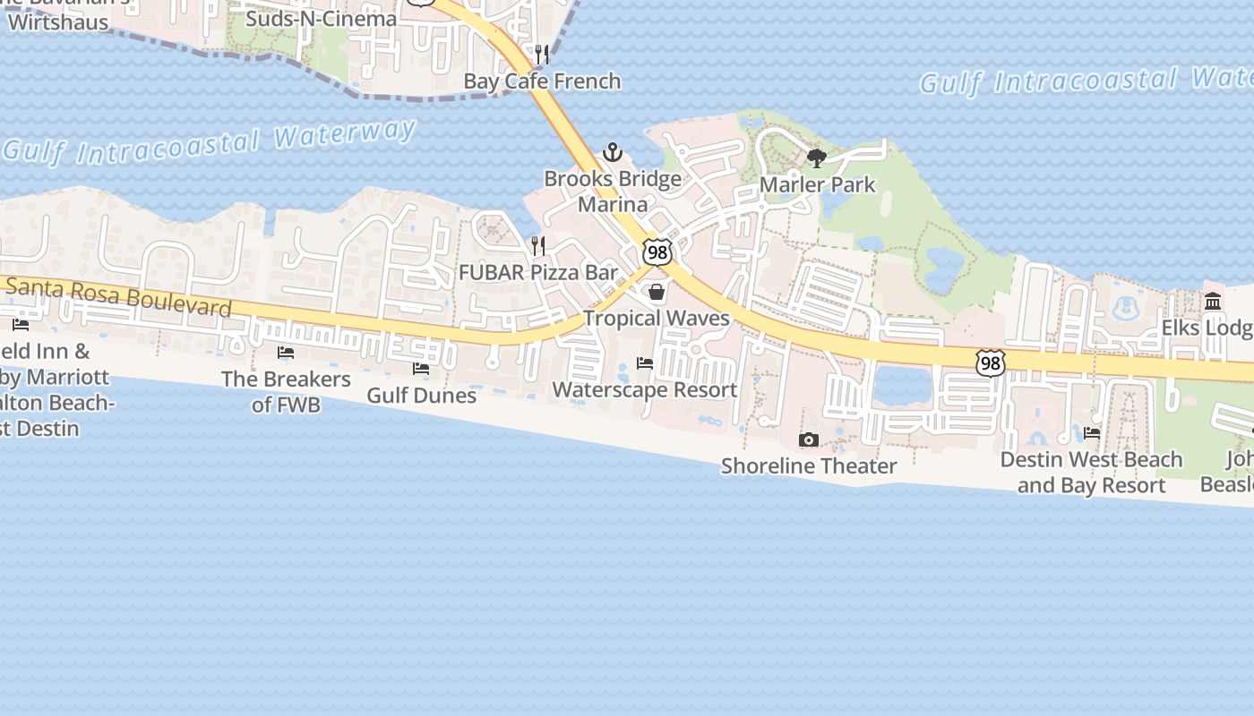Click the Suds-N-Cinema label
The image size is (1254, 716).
[x=321, y=19]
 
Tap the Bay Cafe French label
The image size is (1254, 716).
[x=542, y=81]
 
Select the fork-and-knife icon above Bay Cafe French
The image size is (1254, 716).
[x=541, y=55]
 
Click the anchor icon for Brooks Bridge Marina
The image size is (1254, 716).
[x=613, y=152]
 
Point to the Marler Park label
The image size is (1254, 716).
[x=817, y=184]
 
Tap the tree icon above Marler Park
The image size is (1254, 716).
[x=816, y=158]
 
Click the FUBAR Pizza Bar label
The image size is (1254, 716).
[x=538, y=273]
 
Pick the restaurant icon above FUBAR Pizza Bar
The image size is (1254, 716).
[x=538, y=245]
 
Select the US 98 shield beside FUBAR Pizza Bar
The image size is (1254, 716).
[x=657, y=253]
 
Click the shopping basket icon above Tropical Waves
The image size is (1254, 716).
[x=657, y=292]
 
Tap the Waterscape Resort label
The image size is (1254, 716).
[x=645, y=390]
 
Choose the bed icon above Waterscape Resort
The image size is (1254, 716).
[x=645, y=363]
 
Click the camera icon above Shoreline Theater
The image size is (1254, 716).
[x=809, y=439]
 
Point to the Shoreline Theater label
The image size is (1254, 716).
[x=809, y=466]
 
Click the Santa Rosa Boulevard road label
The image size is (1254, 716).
[x=119, y=297]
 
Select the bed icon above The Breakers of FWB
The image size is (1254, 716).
[x=286, y=353]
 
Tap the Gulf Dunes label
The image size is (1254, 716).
[x=421, y=395]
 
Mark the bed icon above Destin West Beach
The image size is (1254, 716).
[x=1092, y=433]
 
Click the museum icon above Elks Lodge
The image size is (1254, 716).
[x=1214, y=301]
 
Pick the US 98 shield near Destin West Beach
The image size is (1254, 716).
[x=991, y=363]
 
